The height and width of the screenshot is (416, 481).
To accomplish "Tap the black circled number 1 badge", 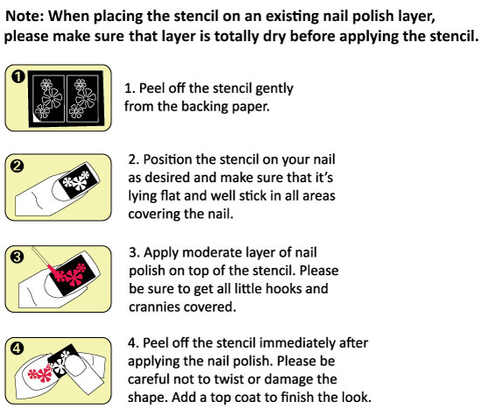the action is coord(18,76).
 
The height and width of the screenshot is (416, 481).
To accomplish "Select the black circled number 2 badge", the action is coord(17,166).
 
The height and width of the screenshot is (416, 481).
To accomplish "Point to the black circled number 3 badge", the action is coord(17,257).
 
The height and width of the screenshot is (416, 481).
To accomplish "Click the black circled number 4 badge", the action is coord(17,349).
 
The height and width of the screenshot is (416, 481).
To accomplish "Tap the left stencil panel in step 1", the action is coord(48,98).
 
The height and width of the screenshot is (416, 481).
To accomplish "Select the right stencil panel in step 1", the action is coord(82,98).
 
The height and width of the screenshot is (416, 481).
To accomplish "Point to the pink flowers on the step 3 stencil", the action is coord(71,275).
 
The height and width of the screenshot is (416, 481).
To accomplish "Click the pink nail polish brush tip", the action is coord(53,270).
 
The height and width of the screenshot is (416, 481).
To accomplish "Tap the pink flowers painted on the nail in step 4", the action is coord(40,373).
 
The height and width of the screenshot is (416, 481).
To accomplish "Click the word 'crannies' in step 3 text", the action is coord(155,307).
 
